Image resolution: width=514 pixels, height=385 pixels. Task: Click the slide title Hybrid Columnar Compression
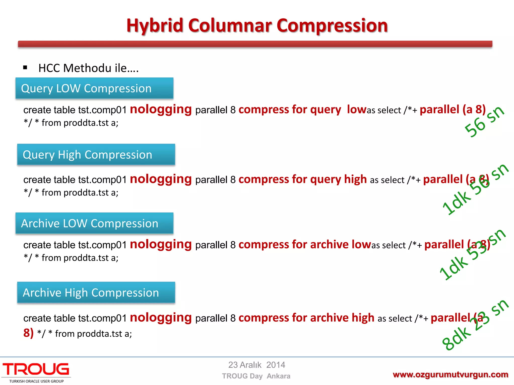[x=257, y=26]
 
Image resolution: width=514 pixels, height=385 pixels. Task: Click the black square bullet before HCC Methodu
[x=25, y=67]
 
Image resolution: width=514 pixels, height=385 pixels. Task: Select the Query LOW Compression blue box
[x=94, y=88]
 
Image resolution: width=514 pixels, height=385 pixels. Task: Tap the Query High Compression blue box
[x=96, y=154]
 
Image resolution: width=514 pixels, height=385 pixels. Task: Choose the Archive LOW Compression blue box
[x=94, y=223]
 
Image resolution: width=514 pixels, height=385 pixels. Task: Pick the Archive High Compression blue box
[x=96, y=293]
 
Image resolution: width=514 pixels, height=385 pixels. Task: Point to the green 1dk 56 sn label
[x=475, y=189]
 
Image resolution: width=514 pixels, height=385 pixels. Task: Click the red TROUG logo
[x=36, y=369]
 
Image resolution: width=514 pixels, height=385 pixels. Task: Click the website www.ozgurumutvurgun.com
[x=450, y=374]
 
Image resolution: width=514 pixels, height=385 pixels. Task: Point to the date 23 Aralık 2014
[x=256, y=365]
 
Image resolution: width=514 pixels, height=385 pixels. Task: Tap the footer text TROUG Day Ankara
[x=256, y=376]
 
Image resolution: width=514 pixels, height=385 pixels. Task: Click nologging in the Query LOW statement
[x=161, y=110]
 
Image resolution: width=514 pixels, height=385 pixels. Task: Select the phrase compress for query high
[x=302, y=179]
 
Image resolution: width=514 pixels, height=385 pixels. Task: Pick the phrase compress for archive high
[x=306, y=318]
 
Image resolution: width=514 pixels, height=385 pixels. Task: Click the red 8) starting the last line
[x=28, y=333]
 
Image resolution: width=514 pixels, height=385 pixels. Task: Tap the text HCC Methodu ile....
[x=88, y=68]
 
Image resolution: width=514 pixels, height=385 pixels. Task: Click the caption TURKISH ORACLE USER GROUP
[x=36, y=381]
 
